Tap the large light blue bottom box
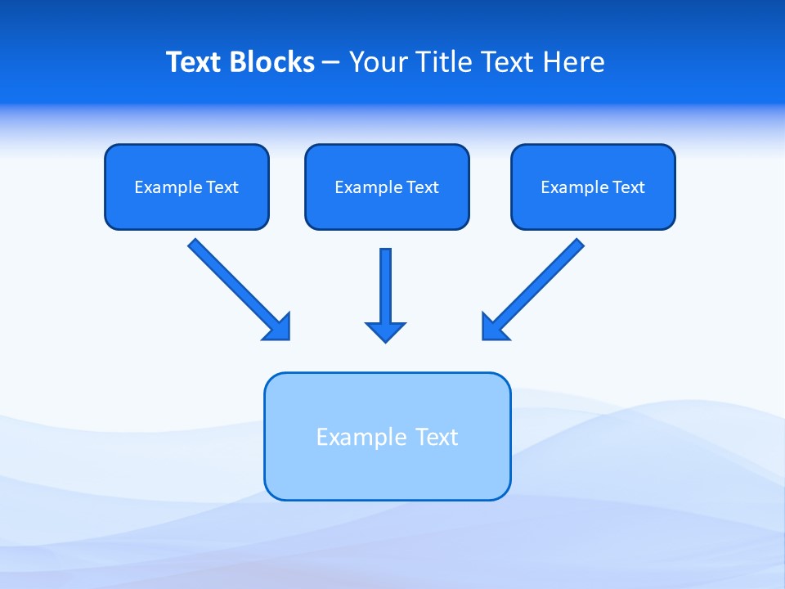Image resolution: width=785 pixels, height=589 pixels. click(387, 474)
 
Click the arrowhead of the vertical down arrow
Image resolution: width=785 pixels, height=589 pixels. click(385, 331)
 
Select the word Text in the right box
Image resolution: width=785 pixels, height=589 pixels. click(628, 187)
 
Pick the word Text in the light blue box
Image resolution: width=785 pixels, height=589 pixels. click(437, 437)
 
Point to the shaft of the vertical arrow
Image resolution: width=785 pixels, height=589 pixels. click(385, 282)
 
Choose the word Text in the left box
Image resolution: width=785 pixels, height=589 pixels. click(222, 187)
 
